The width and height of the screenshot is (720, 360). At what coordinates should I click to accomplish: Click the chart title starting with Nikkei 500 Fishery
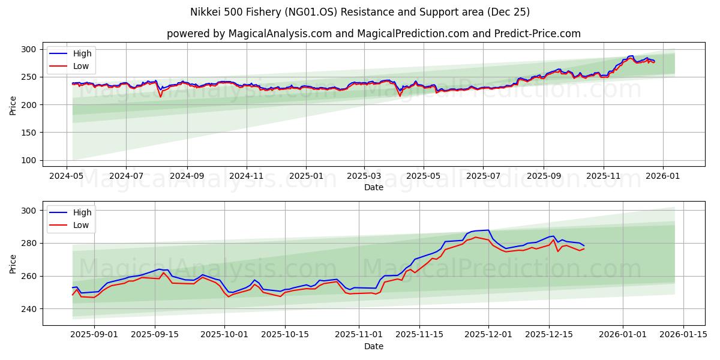(360, 12)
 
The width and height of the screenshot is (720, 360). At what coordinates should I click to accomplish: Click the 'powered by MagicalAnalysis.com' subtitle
(373, 34)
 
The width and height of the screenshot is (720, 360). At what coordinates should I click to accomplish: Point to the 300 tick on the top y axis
(29, 49)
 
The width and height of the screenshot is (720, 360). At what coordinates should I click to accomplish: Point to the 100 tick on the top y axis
(29, 160)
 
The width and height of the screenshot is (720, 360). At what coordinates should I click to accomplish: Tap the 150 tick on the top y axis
(29, 133)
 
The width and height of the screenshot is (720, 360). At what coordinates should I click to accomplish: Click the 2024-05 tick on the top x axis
(67, 177)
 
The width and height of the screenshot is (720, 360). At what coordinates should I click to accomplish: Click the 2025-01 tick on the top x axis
(306, 177)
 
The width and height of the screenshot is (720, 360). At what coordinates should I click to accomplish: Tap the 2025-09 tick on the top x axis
(544, 177)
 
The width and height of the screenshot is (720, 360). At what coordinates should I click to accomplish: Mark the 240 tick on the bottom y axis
(29, 309)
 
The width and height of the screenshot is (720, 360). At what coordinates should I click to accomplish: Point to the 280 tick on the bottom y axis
(29, 243)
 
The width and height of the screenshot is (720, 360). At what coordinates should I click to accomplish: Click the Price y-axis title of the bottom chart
(13, 263)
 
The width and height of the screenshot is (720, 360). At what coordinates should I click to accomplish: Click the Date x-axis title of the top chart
(373, 187)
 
